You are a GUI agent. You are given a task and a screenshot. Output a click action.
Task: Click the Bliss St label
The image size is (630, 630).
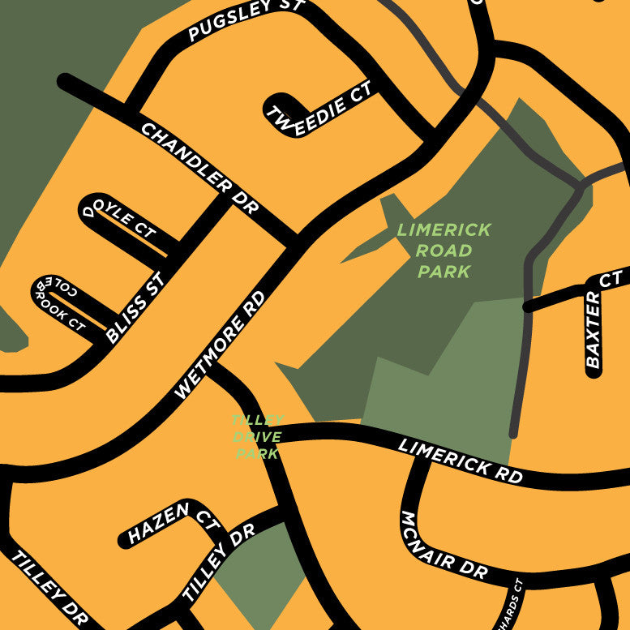coord(135,308)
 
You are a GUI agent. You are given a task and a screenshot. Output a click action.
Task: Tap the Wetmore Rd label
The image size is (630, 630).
coord(221,345)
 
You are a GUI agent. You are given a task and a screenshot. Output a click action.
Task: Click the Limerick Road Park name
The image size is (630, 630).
coord(444,251)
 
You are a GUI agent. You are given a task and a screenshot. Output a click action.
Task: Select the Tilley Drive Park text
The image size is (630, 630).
coord(257,436)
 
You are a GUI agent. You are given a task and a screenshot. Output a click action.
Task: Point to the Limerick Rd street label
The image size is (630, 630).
coord(460,461)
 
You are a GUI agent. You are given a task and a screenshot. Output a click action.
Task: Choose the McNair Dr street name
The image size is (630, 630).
coord(444,546)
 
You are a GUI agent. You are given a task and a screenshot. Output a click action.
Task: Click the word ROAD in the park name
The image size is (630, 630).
coord(444,251)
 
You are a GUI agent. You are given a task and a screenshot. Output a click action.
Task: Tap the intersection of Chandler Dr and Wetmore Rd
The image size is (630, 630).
coord(297,241)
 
